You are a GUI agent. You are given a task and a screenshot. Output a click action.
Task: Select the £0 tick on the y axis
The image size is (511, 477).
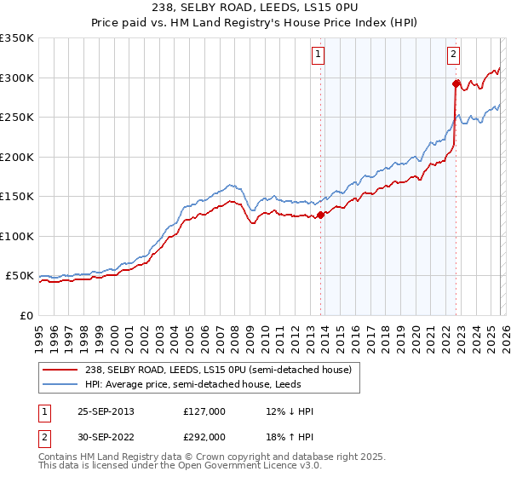[27, 315]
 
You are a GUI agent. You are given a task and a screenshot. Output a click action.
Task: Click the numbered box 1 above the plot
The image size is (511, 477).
[318, 55]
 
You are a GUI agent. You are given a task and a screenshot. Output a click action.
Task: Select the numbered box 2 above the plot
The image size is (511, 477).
[452, 55]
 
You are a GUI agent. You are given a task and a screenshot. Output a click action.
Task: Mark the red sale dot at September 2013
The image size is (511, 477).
[321, 216]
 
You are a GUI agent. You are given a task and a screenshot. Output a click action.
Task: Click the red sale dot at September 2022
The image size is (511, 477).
[456, 83]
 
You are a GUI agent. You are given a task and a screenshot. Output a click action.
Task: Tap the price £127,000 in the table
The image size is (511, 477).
[204, 411]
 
